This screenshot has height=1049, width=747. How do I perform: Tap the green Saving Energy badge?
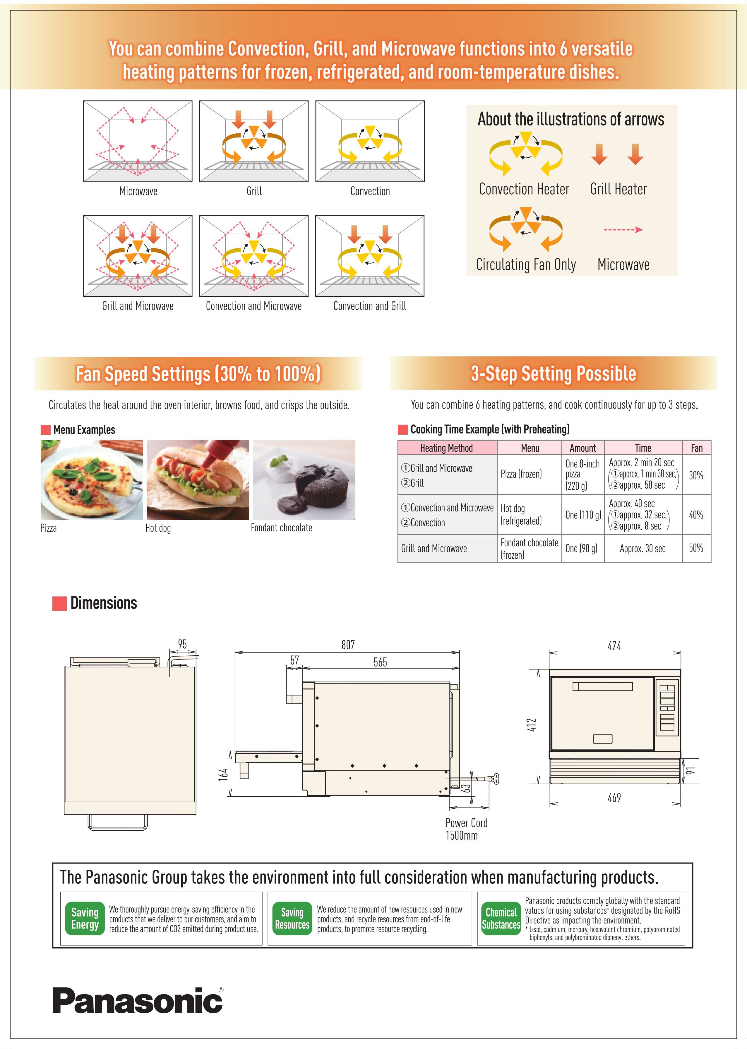(x=85, y=919)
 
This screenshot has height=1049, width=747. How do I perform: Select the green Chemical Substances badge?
(x=501, y=919)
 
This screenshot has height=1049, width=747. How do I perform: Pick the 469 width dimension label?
(x=614, y=798)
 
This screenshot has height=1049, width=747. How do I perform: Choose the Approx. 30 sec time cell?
(x=642, y=548)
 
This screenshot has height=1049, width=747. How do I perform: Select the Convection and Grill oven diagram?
(x=370, y=256)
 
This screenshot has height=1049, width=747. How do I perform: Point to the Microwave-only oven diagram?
(x=138, y=141)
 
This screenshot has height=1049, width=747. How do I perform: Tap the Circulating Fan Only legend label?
(x=526, y=265)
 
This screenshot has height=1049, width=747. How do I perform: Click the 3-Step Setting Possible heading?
(x=553, y=373)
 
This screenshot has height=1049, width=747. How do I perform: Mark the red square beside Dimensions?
(x=59, y=603)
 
